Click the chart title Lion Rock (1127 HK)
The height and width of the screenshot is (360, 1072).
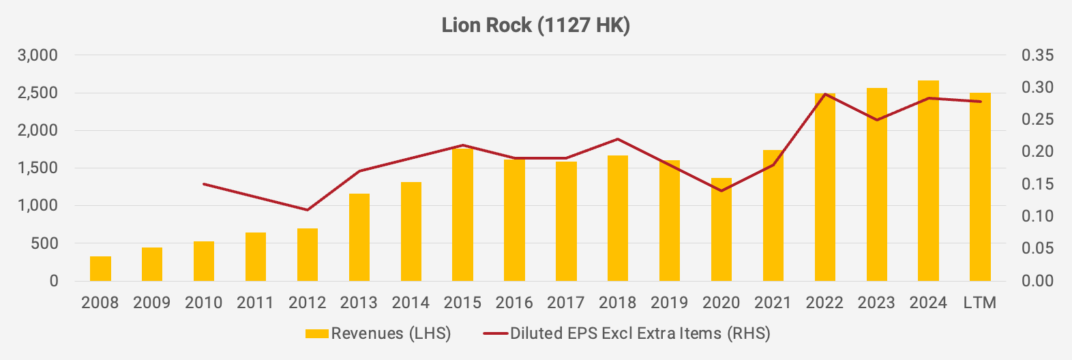(535, 25)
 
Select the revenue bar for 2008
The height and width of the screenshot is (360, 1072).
(100, 269)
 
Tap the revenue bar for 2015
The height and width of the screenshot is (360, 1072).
(462, 215)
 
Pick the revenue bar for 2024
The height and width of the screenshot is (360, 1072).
(928, 181)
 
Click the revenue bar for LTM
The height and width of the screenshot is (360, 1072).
(980, 187)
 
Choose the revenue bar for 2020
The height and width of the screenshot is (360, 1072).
(721, 229)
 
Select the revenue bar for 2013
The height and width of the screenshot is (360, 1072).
(359, 237)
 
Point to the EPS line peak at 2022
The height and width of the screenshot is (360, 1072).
(825, 94)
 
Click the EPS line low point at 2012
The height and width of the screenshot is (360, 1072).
(308, 209)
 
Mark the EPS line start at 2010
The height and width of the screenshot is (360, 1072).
(204, 184)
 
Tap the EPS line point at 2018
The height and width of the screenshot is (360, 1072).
(618, 139)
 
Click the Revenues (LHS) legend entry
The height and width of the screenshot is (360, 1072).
(378, 333)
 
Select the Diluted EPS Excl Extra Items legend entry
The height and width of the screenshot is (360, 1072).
(627, 333)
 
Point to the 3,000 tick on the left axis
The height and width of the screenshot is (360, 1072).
(38, 55)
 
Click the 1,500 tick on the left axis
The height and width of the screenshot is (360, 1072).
(38, 168)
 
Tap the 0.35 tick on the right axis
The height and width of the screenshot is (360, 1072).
(1037, 55)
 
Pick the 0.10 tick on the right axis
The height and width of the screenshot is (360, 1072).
(1037, 216)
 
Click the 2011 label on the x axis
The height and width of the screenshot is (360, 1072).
(256, 303)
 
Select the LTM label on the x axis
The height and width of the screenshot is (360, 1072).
(980, 303)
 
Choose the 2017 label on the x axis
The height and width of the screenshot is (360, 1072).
(566, 303)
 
